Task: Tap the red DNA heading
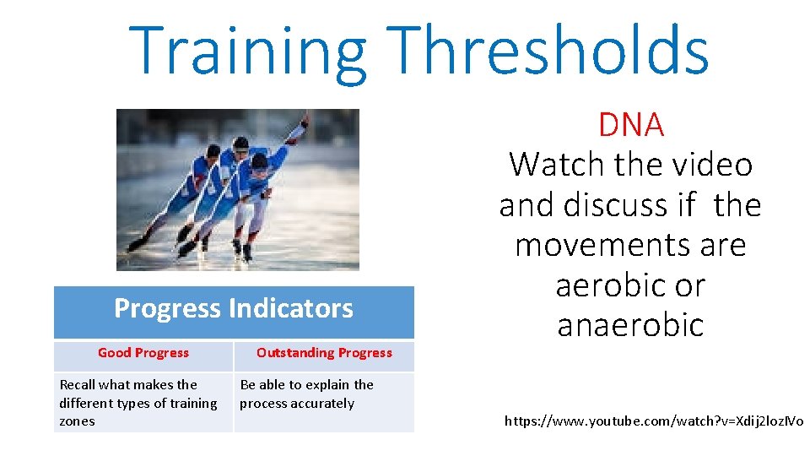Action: [630, 125]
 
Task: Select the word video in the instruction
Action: [714, 165]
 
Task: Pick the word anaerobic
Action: [630, 325]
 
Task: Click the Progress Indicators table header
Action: [234, 309]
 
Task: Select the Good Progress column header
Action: [143, 353]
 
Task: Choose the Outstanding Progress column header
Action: [324, 353]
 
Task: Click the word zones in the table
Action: [77, 421]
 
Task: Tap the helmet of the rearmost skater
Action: [213, 151]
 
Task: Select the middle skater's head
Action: [240, 144]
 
